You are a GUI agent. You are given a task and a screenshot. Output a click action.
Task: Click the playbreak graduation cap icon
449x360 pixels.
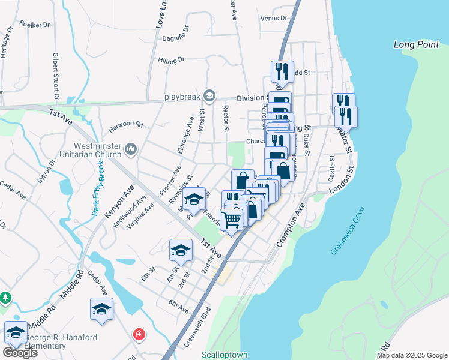(209, 95)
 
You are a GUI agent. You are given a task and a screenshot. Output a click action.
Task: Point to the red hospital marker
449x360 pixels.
(139, 334)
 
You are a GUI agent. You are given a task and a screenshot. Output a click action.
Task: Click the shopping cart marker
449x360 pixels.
(231, 220)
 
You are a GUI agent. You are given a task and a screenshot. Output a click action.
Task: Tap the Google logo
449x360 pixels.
(20, 353)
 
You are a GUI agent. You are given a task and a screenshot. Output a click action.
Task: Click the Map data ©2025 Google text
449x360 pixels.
(412, 355)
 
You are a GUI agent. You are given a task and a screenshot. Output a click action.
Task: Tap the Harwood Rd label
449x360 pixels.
(126, 125)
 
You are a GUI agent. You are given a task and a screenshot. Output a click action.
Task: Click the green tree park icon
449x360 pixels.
(5, 298)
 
